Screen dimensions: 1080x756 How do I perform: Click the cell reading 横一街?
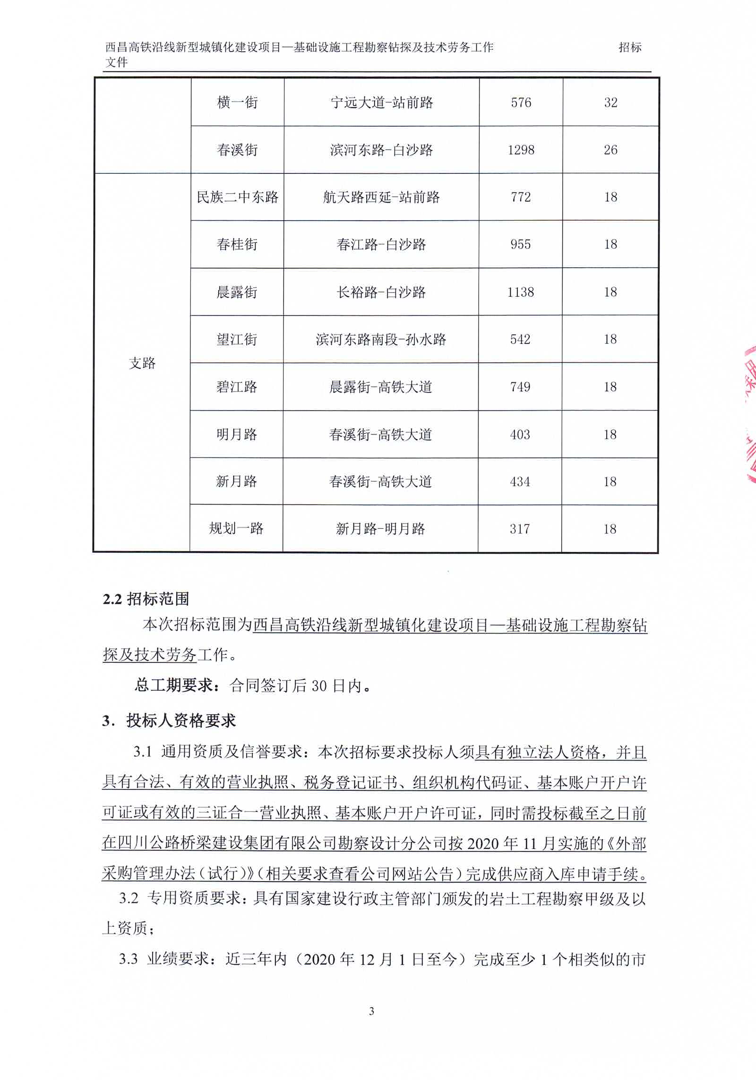tap(237, 103)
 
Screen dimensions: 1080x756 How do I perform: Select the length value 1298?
tap(521, 150)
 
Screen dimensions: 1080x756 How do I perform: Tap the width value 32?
tap(610, 103)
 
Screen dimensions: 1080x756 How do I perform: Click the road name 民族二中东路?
tap(237, 197)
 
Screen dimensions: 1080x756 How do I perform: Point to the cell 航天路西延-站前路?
tap(381, 197)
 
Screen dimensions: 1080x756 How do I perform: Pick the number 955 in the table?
tap(520, 244)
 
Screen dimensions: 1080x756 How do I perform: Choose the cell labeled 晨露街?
tap(237, 292)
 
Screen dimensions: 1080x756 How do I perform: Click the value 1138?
tap(520, 292)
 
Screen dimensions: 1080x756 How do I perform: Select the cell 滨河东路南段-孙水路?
tap(381, 339)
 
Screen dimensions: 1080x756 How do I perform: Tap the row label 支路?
tap(142, 363)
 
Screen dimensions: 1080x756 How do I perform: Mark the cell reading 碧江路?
tap(237, 387)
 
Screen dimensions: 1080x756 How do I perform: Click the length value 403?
tap(520, 434)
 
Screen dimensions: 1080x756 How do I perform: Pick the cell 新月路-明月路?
tap(380, 529)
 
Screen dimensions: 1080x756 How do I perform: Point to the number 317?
tap(520, 529)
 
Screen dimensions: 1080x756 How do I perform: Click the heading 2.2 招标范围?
tap(146, 599)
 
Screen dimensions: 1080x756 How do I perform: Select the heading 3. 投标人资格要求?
tap(169, 721)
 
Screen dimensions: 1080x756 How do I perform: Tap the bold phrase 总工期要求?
tap(174, 685)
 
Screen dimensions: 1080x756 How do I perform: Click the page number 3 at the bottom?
tap(371, 1011)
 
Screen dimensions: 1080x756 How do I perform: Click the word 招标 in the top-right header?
tap(630, 47)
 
